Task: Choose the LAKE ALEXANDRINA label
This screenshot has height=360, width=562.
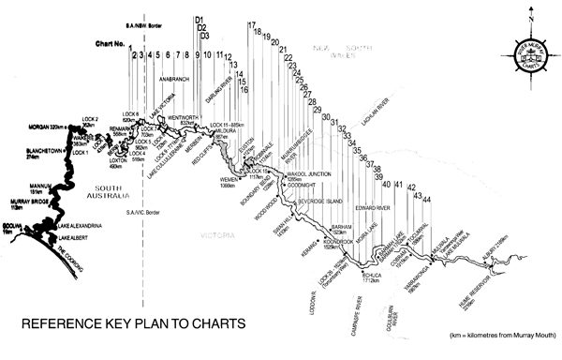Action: click(x=80, y=225)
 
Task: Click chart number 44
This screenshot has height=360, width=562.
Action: click(x=428, y=201)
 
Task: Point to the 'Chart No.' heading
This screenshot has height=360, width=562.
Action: click(x=110, y=43)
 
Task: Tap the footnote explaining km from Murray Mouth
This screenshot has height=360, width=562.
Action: click(x=495, y=335)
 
